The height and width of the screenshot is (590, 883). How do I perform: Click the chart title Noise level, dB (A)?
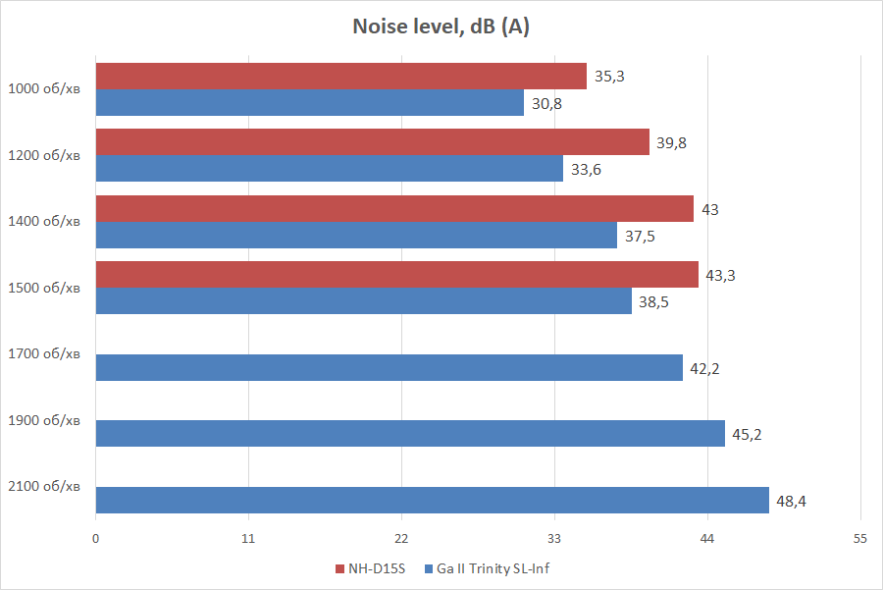click(x=441, y=27)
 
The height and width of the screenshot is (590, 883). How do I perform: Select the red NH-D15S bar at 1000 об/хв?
click(x=340, y=77)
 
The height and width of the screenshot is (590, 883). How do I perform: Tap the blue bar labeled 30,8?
click(x=309, y=103)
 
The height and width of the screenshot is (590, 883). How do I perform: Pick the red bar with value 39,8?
click(x=372, y=142)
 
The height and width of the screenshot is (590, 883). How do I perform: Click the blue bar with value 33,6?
click(x=329, y=169)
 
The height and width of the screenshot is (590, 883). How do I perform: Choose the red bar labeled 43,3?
click(x=396, y=275)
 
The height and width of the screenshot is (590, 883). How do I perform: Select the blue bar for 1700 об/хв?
click(x=389, y=368)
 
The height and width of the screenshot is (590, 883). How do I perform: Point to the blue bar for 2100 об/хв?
click(x=432, y=501)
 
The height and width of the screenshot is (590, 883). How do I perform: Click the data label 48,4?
click(x=792, y=502)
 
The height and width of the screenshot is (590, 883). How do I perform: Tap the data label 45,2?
click(x=748, y=435)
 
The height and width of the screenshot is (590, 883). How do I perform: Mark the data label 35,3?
click(x=609, y=77)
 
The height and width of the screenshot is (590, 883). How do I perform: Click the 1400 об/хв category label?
click(x=44, y=222)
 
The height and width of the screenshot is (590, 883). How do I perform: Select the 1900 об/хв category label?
click(x=44, y=421)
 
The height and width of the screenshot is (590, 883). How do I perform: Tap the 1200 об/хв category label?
click(x=44, y=155)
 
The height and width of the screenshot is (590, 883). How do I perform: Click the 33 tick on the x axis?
click(x=554, y=539)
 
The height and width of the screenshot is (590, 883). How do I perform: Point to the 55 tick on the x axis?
click(x=859, y=539)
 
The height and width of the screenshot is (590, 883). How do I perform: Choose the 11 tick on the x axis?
click(x=248, y=539)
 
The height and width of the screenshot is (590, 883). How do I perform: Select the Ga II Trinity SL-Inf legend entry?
click(x=492, y=568)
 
